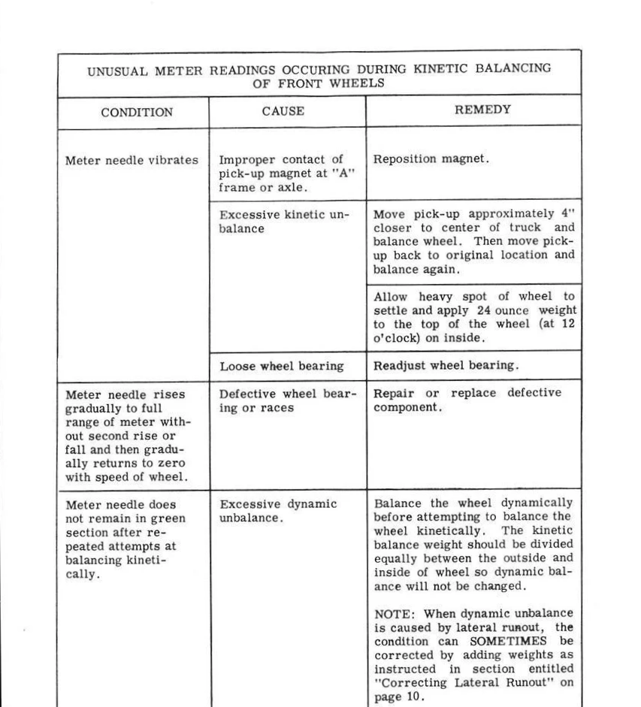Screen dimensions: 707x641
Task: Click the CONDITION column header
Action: pos(137,113)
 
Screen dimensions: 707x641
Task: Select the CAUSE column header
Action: pos(283,111)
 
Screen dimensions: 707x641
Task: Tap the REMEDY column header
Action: pos(473,109)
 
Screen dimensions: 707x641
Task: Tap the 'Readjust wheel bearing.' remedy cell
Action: pos(446,366)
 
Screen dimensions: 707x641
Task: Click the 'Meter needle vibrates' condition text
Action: pos(132,160)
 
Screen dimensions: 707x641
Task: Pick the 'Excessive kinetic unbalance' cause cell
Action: pos(284,222)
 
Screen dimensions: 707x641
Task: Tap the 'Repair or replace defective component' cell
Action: pos(467,400)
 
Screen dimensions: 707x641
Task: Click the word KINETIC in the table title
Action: pos(435,68)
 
